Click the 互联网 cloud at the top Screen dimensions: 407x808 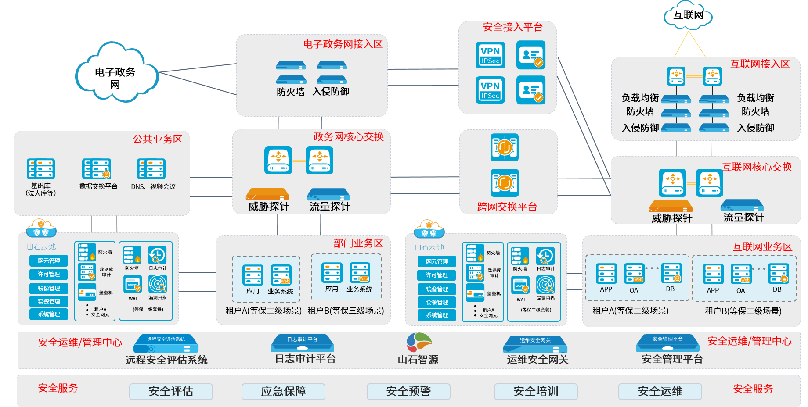coord(689,16)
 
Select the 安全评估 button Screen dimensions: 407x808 coord(171,391)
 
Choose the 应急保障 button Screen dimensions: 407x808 coord(283,391)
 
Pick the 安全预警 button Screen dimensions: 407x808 coord(408,391)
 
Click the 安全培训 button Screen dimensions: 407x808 coord(536,391)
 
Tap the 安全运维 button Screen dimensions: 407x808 coord(660,391)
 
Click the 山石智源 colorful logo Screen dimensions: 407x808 coord(418,342)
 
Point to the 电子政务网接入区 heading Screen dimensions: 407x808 coord(343,44)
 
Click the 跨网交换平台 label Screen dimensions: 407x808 coord(507,207)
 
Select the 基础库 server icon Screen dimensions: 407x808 coord(41,169)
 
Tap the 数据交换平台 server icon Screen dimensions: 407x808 coord(97,169)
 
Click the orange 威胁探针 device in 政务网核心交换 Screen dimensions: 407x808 coord(267,194)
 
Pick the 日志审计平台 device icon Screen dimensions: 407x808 coord(302,343)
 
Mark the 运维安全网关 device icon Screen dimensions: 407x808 coord(535,344)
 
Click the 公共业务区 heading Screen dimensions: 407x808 coord(158,139)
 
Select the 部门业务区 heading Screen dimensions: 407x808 coord(358,243)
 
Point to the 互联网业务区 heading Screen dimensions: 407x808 coord(762,247)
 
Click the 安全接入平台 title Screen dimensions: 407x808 coord(513,27)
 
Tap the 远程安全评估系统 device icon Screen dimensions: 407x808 coord(166,343)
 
